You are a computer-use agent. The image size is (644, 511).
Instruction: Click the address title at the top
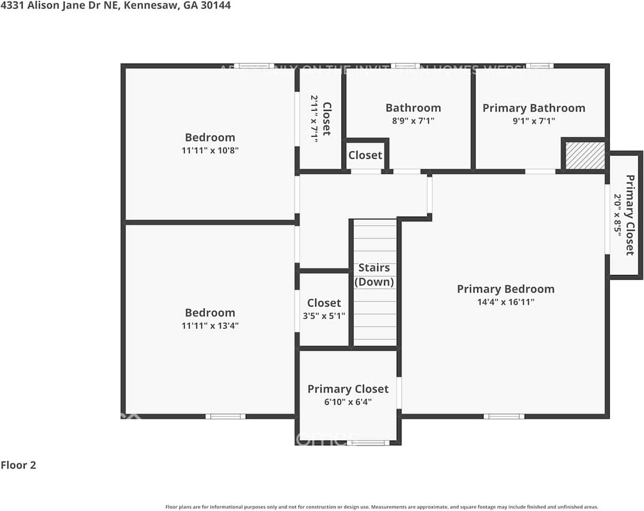pos(116,6)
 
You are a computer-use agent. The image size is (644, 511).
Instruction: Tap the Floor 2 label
pos(18,465)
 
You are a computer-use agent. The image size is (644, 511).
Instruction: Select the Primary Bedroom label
pos(506,289)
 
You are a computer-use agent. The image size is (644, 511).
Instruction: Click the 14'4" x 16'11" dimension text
pos(506,302)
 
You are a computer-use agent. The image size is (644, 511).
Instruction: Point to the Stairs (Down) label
pos(374,275)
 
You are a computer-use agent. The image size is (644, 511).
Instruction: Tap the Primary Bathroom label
pos(534,108)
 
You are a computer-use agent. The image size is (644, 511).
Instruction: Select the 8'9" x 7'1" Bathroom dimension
pos(413,121)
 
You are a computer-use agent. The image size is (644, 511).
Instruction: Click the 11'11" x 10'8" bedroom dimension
pos(210,150)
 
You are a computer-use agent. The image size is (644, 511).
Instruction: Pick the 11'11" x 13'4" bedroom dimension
pos(210,325)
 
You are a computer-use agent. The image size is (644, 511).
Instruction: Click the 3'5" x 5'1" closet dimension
pos(324,316)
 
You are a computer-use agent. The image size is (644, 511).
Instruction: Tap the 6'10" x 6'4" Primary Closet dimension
pos(348,402)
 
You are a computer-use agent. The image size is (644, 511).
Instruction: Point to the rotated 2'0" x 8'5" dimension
pos(618,216)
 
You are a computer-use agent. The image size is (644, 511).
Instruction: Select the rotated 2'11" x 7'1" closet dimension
pos(314,118)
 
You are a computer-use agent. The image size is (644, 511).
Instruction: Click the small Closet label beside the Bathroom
pos(365,155)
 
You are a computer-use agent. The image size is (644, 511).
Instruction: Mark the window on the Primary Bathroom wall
pos(540,66)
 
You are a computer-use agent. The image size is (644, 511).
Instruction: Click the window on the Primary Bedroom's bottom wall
pos(504,416)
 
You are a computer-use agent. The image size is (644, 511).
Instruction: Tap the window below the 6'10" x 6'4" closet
pos(368,442)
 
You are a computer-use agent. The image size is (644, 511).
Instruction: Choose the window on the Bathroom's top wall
pos(405,66)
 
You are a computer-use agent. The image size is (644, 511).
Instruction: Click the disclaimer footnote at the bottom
pos(382,507)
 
